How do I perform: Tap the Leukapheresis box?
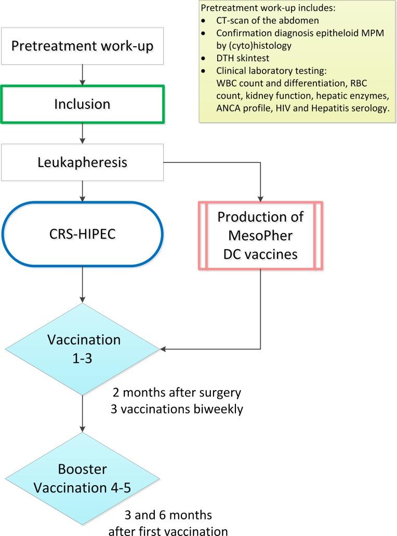tap(82, 162)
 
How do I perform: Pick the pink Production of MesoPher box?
tap(260, 236)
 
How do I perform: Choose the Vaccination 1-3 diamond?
tap(82, 348)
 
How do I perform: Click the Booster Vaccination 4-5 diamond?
tap(82, 477)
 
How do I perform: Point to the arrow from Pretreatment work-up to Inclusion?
tap(82, 74)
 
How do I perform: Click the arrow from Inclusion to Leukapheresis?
tap(82, 133)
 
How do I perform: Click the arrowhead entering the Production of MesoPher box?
tap(260, 198)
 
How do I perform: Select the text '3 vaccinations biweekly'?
tap(177, 408)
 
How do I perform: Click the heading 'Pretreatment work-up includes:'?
tap(256, 9)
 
